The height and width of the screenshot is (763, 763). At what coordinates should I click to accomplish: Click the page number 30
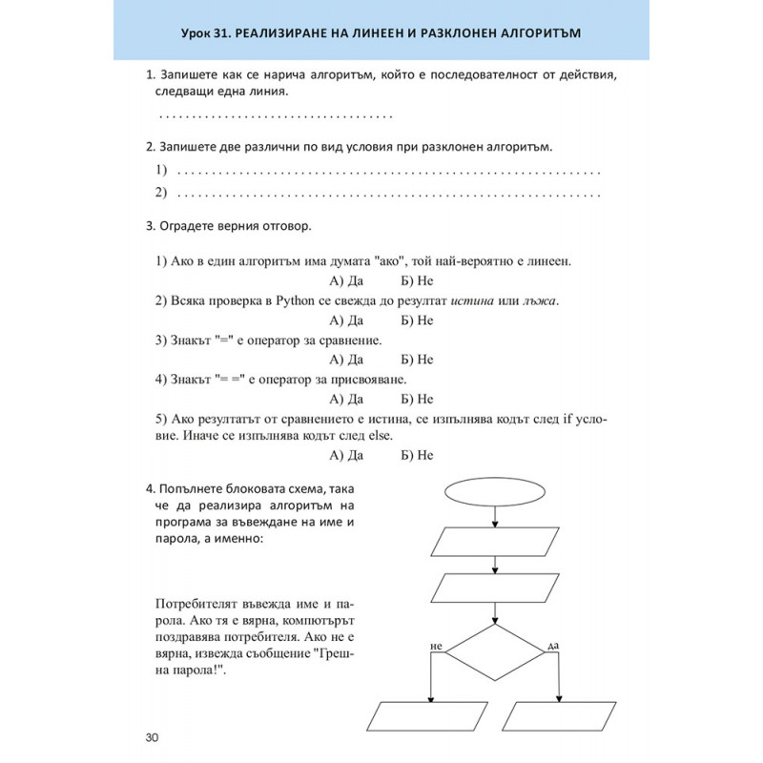click(x=153, y=736)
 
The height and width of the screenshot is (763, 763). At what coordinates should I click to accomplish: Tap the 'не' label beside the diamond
click(x=439, y=647)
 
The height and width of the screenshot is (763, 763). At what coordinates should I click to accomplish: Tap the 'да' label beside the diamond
click(x=552, y=647)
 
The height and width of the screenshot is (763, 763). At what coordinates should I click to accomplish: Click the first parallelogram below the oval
click(x=495, y=541)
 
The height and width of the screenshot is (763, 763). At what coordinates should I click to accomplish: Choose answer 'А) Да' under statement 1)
click(x=346, y=281)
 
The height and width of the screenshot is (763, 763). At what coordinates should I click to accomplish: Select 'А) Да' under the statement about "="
click(x=346, y=360)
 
